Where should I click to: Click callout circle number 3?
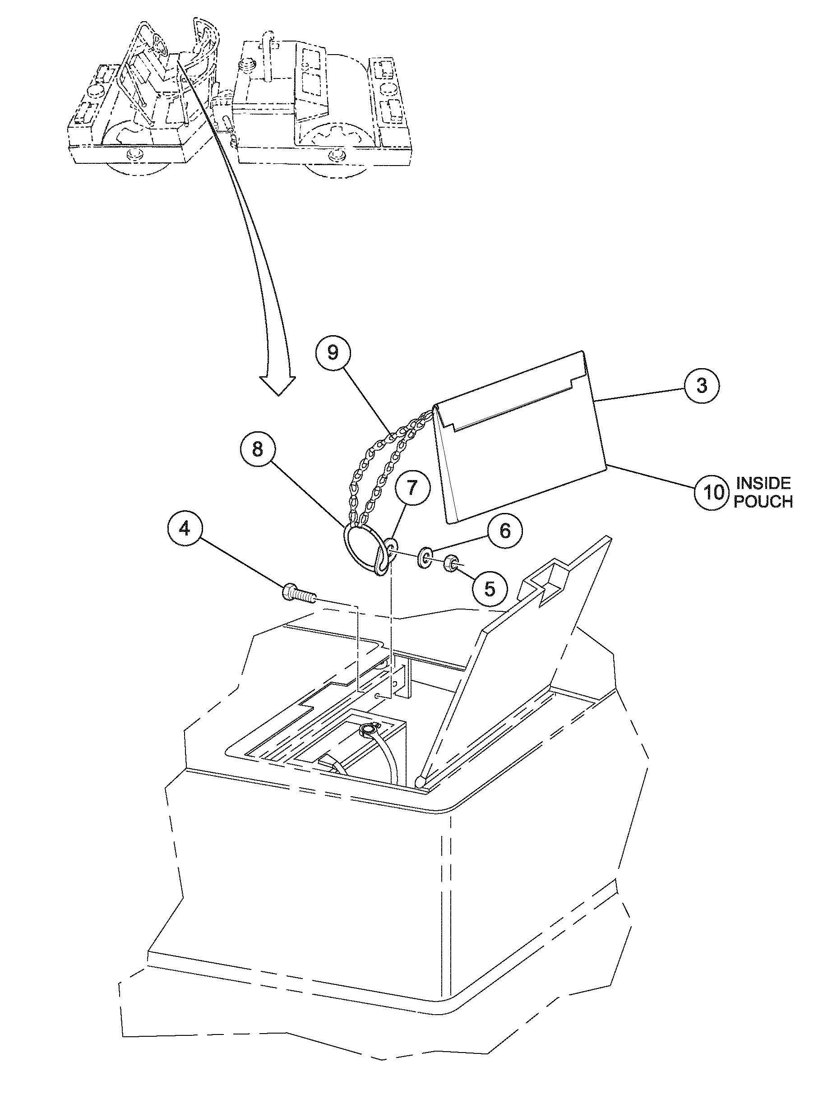click(x=702, y=385)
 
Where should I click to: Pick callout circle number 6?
click(x=505, y=531)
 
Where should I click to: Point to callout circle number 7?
click(x=412, y=489)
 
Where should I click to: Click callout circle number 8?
click(x=257, y=449)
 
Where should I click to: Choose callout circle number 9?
click(x=333, y=352)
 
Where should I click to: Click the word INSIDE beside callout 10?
click(x=763, y=483)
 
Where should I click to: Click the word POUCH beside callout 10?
click(x=763, y=501)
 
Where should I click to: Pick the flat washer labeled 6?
click(x=426, y=556)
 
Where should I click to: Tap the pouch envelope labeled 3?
click(x=522, y=447)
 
